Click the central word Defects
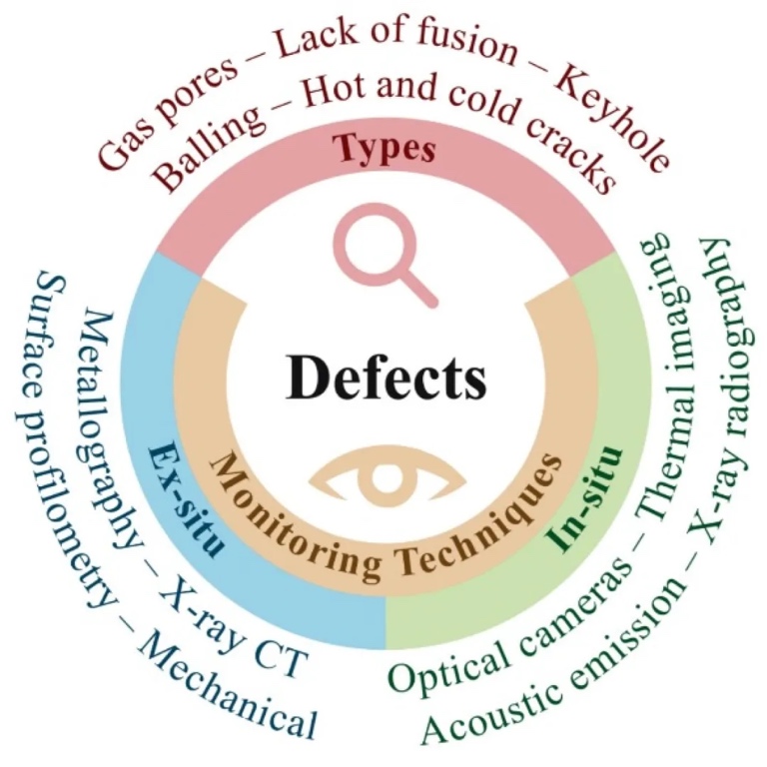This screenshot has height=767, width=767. pos(386,379)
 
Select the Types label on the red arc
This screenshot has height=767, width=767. pos(384,148)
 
